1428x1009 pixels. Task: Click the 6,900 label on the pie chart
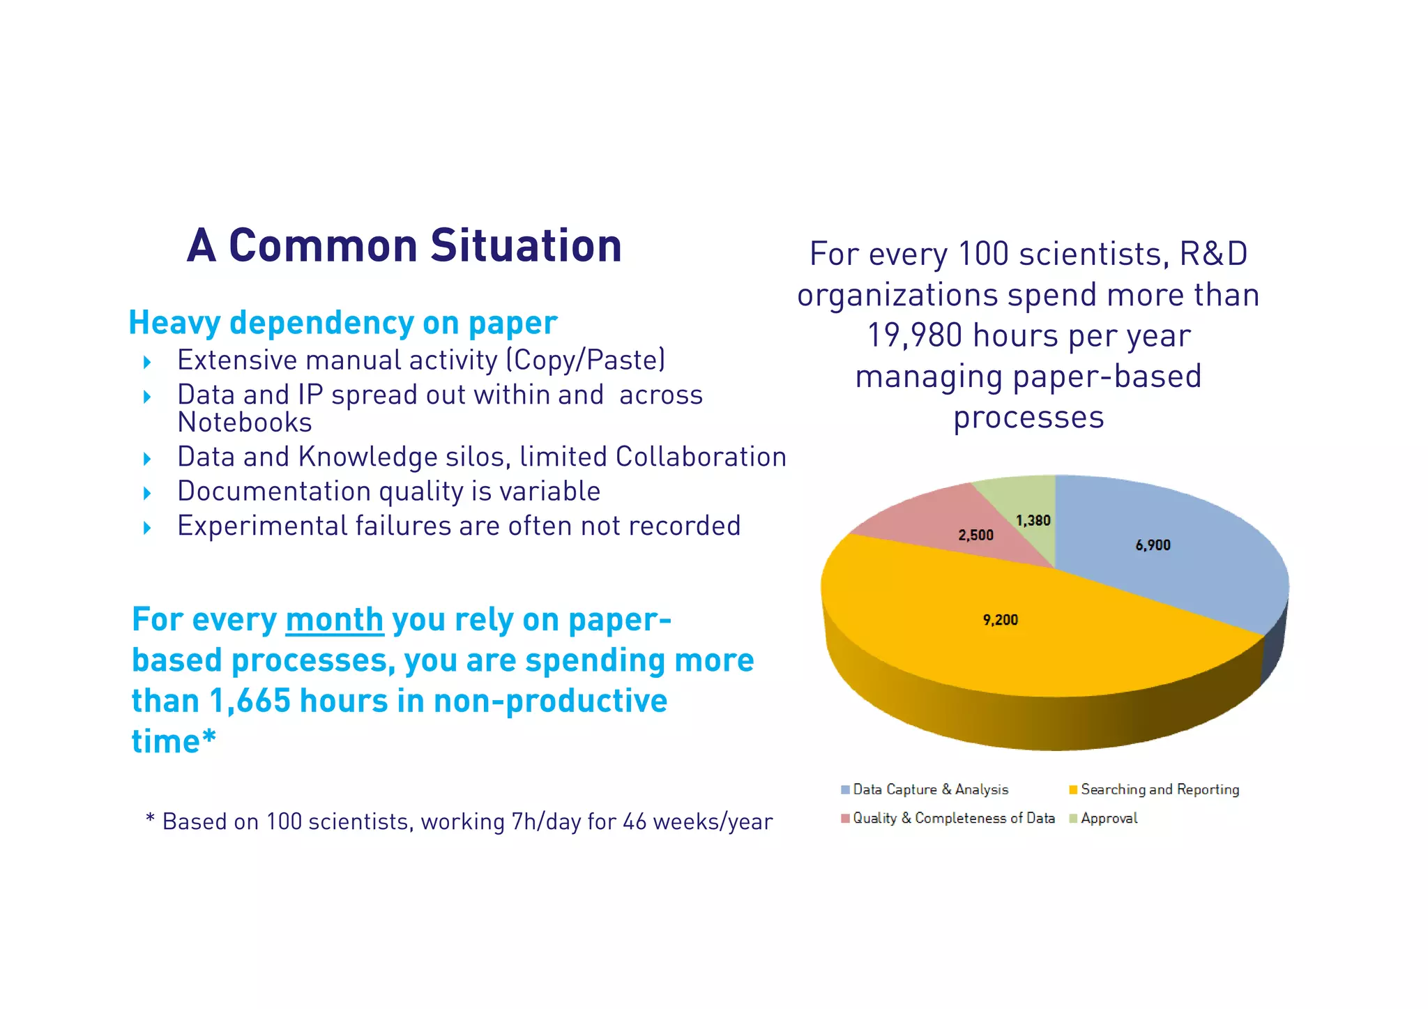coord(1153,545)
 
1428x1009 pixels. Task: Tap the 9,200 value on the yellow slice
coord(1000,620)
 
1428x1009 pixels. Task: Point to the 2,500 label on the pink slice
coord(975,536)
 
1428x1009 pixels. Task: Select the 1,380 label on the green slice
coord(1033,521)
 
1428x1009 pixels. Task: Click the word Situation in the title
coord(526,246)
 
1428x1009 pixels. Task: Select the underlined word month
coord(334,620)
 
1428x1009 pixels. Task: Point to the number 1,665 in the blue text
coord(250,701)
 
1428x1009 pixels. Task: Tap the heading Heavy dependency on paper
coord(342,323)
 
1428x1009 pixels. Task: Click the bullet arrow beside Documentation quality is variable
coord(147,494)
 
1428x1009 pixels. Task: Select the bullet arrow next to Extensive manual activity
coord(147,362)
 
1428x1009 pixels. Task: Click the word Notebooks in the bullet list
coord(244,423)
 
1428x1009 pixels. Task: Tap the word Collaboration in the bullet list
coord(701,457)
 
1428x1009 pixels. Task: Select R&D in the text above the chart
coord(1213,254)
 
